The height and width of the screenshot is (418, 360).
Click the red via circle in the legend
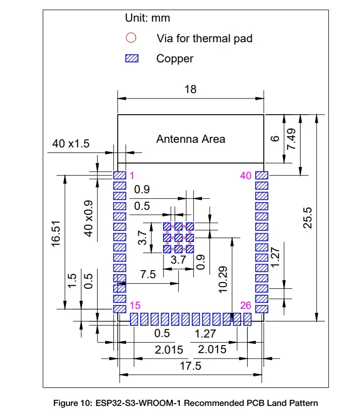click(x=131, y=38)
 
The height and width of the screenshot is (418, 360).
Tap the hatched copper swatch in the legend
click(x=131, y=59)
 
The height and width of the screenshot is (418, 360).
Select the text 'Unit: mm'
click(x=148, y=18)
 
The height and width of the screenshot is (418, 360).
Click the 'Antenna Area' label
click(x=190, y=139)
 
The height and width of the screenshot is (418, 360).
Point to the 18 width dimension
click(x=190, y=90)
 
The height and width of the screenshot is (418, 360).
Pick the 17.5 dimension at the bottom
click(x=190, y=366)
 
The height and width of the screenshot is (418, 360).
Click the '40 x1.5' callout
click(x=70, y=144)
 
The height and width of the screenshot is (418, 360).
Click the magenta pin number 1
click(x=131, y=176)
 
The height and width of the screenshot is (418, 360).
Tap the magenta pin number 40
click(x=246, y=176)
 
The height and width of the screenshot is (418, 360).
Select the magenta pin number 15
click(x=134, y=305)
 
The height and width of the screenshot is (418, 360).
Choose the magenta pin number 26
click(x=245, y=305)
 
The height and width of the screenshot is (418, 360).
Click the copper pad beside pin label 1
click(x=119, y=176)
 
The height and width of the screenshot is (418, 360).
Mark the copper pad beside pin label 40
click(x=262, y=176)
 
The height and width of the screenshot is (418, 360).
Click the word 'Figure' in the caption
click(x=68, y=403)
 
